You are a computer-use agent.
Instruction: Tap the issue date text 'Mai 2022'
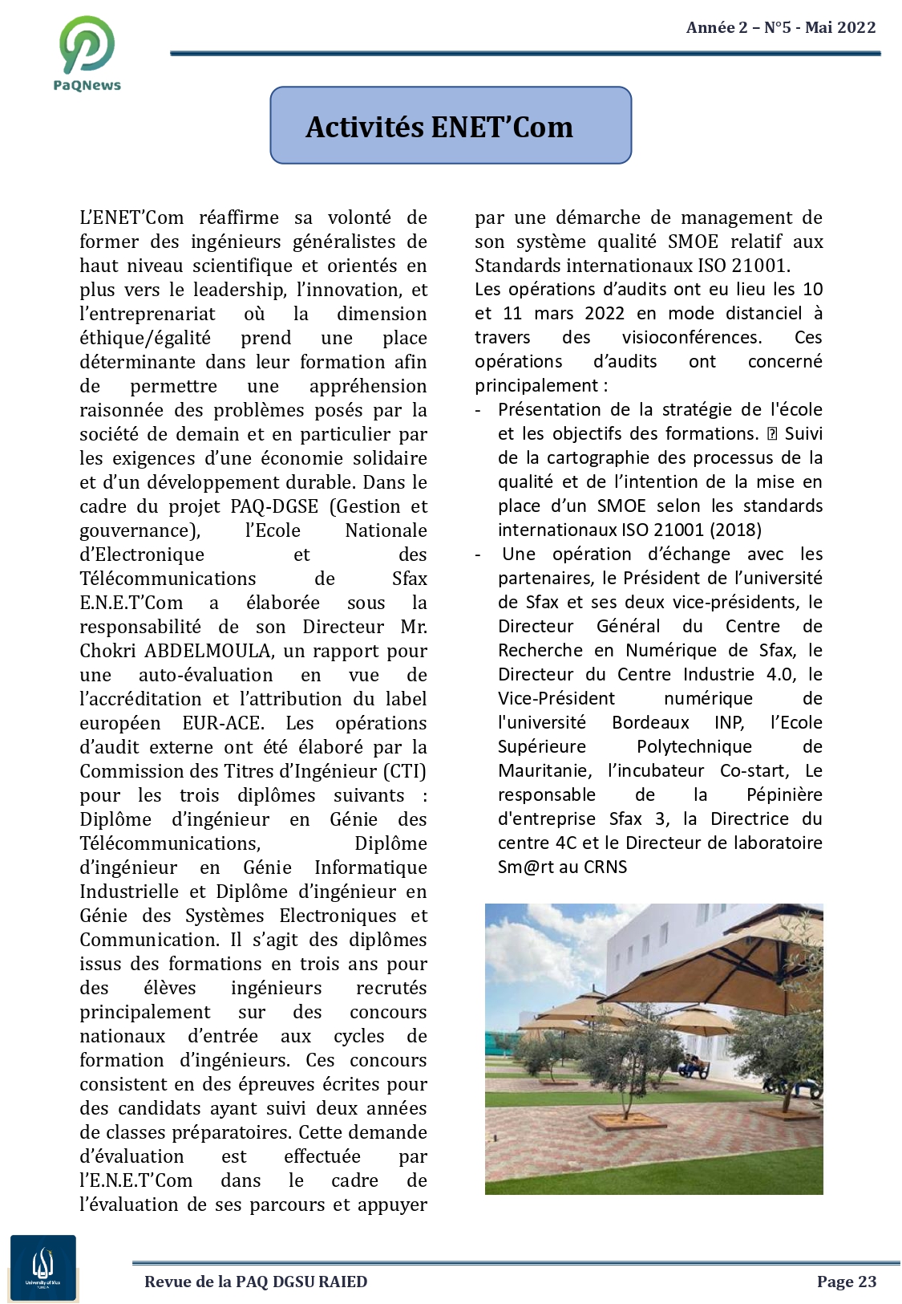[840, 27]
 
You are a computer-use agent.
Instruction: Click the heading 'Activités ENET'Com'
[439, 127]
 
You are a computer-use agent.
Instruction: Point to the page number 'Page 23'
[847, 1282]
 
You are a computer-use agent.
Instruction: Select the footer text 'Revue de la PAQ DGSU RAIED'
[256, 1282]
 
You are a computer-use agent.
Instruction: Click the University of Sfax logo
[43, 1267]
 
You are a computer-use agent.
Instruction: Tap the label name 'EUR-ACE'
[222, 723]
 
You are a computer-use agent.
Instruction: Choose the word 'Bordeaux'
[650, 722]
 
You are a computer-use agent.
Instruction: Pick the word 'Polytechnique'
[694, 746]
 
